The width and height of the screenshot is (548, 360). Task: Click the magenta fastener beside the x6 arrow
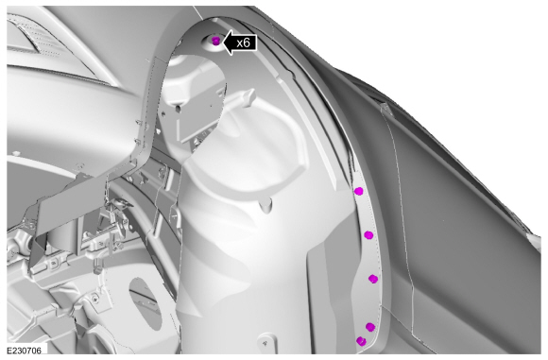point(216,41)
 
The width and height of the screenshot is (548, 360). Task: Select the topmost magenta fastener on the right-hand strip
point(359,191)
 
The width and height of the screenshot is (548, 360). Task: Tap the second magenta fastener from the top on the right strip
point(368,235)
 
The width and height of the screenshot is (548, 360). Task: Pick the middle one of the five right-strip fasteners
point(373,279)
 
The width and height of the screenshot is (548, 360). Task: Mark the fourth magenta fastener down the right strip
point(370,327)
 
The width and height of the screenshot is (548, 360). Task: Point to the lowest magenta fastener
point(361,341)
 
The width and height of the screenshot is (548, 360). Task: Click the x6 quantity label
point(243,43)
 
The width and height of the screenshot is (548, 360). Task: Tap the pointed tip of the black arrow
point(223,43)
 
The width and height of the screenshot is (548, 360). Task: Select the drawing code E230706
point(25,351)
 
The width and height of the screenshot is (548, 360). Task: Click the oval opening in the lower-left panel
point(146,303)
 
